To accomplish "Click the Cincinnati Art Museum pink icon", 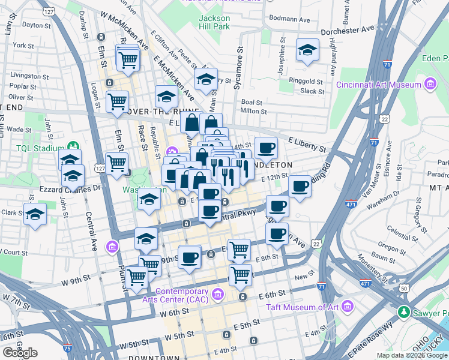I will [430, 85].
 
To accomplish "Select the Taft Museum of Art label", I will [303, 307].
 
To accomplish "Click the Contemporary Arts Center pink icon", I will [217, 293].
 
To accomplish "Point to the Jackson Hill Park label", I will [214, 22].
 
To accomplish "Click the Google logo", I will [20, 353].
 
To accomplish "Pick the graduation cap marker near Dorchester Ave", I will [307, 52].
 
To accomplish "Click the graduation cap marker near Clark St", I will [35, 214].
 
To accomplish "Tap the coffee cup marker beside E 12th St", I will [300, 185].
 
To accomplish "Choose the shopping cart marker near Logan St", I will [117, 101].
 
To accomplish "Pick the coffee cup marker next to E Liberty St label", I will [266, 148].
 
